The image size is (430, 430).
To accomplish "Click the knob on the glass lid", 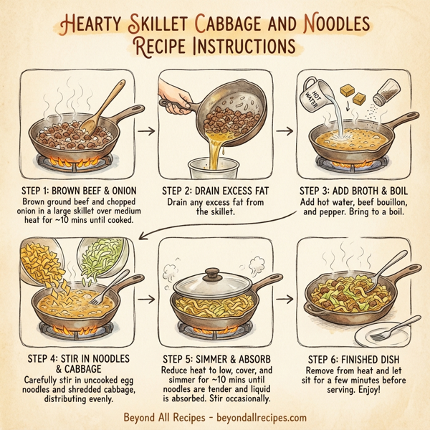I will click(x=214, y=274).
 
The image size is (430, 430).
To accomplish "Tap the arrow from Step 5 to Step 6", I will click(x=285, y=295).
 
